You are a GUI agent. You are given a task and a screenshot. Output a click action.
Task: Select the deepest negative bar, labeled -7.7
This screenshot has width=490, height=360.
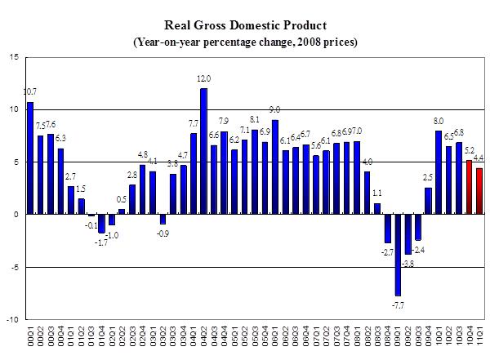pyautogui.click(x=398, y=255)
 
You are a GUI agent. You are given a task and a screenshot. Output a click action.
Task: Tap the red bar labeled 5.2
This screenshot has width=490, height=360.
pyautogui.click(x=469, y=187)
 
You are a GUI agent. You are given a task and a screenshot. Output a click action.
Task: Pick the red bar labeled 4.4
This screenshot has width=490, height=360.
pyautogui.click(x=479, y=191)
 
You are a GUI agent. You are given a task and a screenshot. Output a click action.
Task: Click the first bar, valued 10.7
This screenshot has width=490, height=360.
pyautogui.click(x=30, y=158)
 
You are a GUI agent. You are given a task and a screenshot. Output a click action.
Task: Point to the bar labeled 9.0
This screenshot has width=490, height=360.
pyautogui.click(x=275, y=167)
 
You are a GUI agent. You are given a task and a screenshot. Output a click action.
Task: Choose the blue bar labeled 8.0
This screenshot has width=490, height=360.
pyautogui.click(x=439, y=172)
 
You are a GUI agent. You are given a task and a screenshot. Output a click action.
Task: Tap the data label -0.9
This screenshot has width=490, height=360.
pyautogui.click(x=163, y=233)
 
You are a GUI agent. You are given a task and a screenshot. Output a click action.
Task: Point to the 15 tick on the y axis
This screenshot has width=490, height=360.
pyautogui.click(x=15, y=57)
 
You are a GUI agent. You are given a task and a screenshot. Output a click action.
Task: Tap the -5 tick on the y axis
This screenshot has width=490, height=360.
pyautogui.click(x=16, y=267)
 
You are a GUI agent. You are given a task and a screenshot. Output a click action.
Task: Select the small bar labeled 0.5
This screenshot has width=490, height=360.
pyautogui.click(x=122, y=211)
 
